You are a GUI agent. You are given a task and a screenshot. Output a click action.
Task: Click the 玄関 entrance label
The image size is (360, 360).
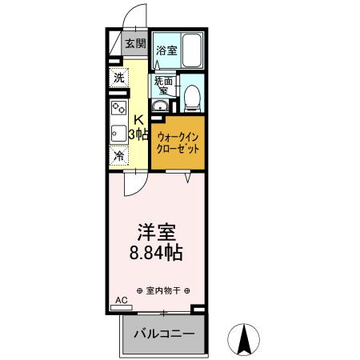pyautogui.click(x=134, y=44)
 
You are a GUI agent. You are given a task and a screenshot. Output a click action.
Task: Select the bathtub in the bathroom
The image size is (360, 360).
pyautogui.click(x=192, y=50)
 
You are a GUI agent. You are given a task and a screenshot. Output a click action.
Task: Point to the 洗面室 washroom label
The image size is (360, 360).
pyautogui.click(x=163, y=84)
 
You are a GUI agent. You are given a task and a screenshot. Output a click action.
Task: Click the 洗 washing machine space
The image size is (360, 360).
pyautogui.click(x=118, y=78)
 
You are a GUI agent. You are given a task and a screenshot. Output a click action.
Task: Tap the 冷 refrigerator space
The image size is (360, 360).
pyautogui.click(x=118, y=155)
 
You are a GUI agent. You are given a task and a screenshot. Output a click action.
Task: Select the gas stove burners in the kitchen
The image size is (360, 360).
pyautogui.click(x=118, y=107)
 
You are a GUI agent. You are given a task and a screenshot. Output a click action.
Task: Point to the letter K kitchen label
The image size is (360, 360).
pyautogui.click(x=138, y=121)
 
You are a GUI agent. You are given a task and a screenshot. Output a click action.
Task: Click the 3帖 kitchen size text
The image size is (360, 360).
pyautogui.click(x=138, y=134)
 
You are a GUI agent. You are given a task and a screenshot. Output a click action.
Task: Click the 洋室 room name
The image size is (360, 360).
pyautogui.click(x=157, y=232)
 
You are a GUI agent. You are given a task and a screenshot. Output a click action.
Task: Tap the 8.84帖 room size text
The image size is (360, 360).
pyautogui.click(x=157, y=254)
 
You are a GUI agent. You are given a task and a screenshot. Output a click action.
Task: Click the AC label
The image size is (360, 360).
pyautogui.click(x=121, y=300)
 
